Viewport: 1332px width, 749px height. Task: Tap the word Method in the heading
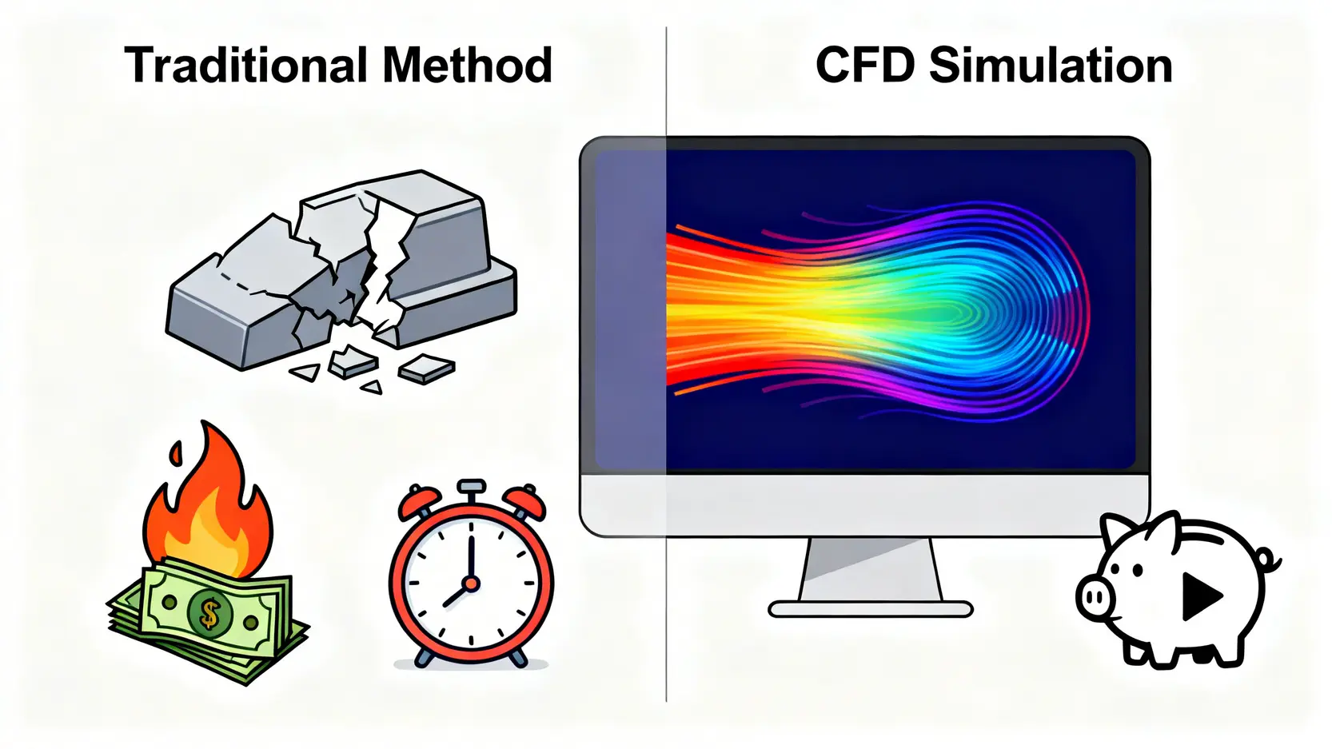[468, 66]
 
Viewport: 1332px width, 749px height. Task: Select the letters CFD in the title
[865, 66]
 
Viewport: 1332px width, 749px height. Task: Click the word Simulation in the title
[1051, 66]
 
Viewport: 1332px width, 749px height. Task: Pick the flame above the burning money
[209, 504]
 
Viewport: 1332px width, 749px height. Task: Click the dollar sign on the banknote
[209, 614]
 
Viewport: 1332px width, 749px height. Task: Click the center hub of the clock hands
[471, 584]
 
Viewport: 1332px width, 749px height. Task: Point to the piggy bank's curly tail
[1267, 560]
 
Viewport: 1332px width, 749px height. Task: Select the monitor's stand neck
[870, 569]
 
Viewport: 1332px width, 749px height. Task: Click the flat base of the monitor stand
[870, 610]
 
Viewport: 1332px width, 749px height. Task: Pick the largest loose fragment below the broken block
[426, 368]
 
